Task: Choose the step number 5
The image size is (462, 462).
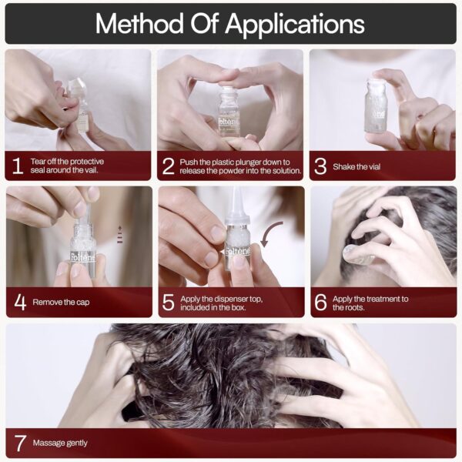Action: click(169, 303)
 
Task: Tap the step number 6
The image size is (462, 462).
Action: click(320, 303)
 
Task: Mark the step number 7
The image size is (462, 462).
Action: click(20, 444)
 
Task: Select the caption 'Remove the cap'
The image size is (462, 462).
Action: click(61, 303)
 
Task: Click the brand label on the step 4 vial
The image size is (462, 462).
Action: click(82, 257)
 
